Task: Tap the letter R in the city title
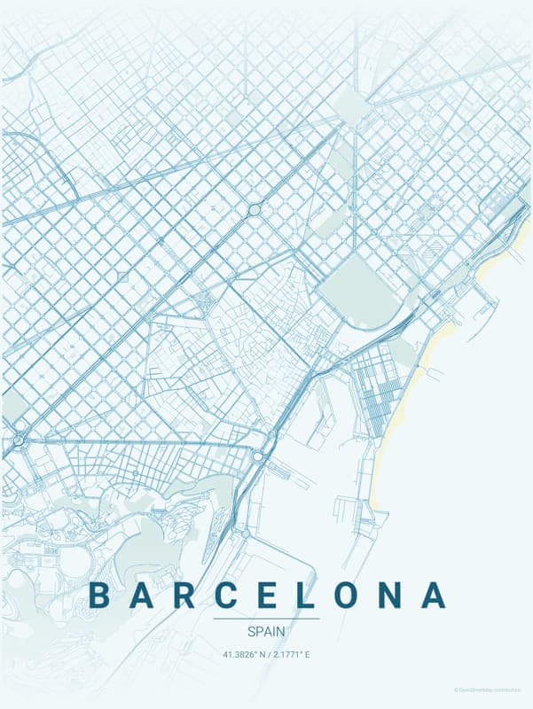(x=184, y=595)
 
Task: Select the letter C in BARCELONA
(x=227, y=595)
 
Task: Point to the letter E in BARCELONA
(x=268, y=595)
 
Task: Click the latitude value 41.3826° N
(x=243, y=655)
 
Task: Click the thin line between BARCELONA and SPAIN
(x=266, y=619)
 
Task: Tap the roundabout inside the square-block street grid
(x=255, y=210)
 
